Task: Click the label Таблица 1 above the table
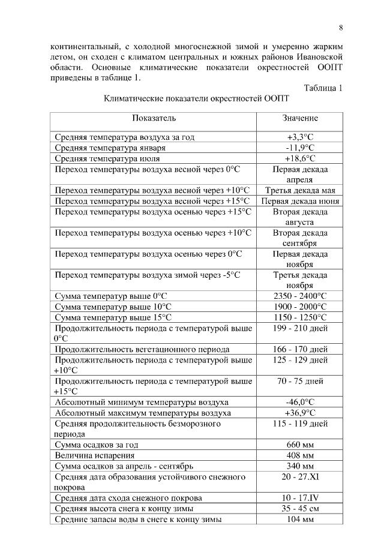(323, 88)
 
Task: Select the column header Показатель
(154, 119)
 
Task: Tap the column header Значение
(300, 119)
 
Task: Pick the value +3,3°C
(300, 137)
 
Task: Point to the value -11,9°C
(300, 148)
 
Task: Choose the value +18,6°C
(300, 158)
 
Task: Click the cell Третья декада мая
(300, 190)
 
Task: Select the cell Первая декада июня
(300, 201)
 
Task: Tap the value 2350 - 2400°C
(300, 296)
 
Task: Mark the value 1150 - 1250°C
(300, 317)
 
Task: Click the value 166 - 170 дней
(300, 349)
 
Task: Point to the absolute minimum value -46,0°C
(300, 402)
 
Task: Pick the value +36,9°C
(300, 413)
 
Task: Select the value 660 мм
(300, 445)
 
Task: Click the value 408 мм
(300, 455)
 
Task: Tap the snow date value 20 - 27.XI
(300, 476)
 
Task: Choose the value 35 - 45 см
(300, 509)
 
